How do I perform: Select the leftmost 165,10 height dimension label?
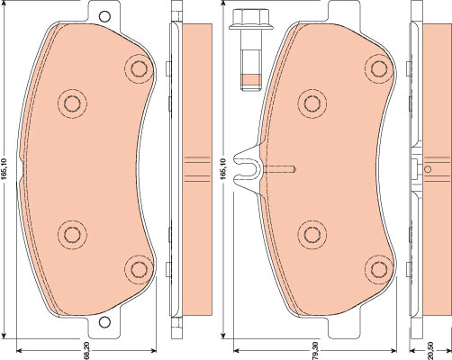click(4, 169)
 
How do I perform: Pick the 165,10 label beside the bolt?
click(223, 169)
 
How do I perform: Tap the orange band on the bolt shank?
click(250, 79)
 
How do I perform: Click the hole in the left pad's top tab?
click(104, 16)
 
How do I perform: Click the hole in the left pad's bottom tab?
click(104, 322)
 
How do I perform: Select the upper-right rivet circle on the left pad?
click(139, 69)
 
